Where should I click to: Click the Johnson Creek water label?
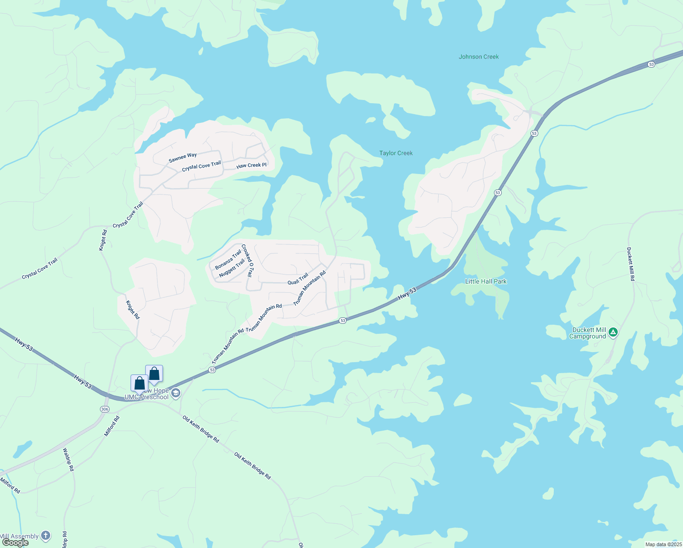[478, 57]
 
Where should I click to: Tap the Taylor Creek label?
[396, 153]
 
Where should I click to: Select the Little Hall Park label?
[486, 281]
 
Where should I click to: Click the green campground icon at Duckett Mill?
[613, 332]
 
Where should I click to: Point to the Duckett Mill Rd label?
[630, 264]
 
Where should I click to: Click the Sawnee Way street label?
[183, 158]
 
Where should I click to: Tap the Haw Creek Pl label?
[251, 165]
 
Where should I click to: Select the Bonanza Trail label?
[228, 259]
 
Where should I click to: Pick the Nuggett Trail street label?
[232, 269]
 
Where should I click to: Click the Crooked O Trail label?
[247, 260]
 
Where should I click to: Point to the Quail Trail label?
[298, 279]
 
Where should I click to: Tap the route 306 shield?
[105, 409]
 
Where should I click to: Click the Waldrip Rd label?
[68, 459]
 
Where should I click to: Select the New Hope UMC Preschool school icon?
[176, 393]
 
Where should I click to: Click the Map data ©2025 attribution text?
[662, 544]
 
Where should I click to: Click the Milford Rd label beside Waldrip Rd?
[112, 426]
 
